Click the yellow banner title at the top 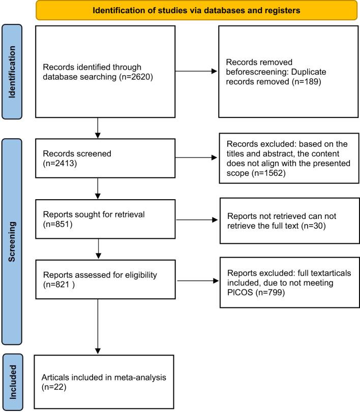[196, 11]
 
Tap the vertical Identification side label [12, 72]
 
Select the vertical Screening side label [12, 242]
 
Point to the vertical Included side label [13, 382]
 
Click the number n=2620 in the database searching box [136, 77]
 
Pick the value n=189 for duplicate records [306, 81]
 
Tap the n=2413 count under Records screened [60, 164]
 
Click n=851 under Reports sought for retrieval [58, 224]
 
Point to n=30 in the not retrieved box [313, 226]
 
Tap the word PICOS [240, 293]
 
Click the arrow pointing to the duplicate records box [196, 71]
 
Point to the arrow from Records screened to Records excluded [196, 157]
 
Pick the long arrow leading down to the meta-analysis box [98, 326]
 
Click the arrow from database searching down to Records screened [98, 128]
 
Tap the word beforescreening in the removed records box [257, 72]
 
